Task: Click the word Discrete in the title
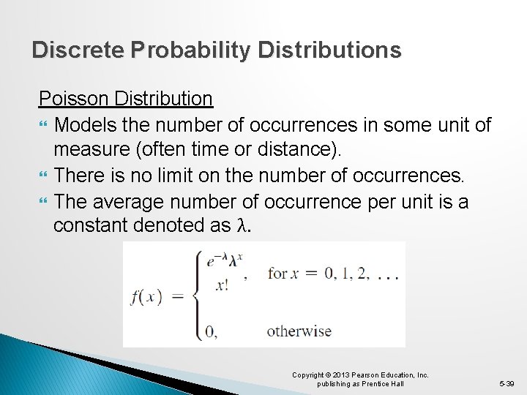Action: (x=78, y=50)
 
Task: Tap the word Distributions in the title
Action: (x=342, y=50)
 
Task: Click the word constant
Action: (x=90, y=226)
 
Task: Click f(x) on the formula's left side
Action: (x=146, y=297)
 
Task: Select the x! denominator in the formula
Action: (x=222, y=286)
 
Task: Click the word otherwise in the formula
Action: (x=299, y=331)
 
